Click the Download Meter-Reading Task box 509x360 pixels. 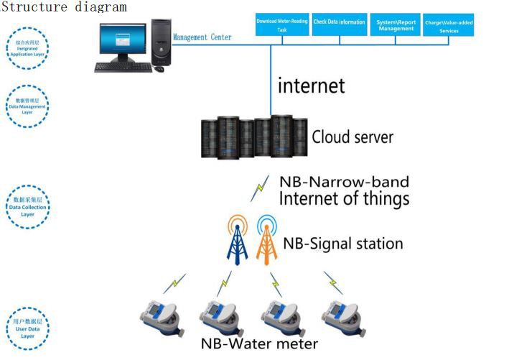tap(282, 25)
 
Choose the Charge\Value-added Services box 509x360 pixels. tap(448, 27)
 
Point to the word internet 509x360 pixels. tap(312, 86)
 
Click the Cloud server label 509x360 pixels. tap(352, 137)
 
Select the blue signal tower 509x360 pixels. tap(238, 241)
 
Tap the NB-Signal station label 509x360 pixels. tap(342, 244)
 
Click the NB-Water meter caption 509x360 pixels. tap(258, 343)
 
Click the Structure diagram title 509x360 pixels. tap(63, 6)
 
